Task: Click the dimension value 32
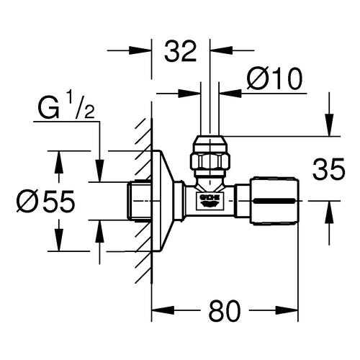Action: coord(181,51)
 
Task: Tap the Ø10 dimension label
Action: coord(274,78)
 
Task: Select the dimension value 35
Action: coord(328,169)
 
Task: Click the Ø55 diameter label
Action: coord(45,201)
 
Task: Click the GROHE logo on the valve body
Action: coord(210,199)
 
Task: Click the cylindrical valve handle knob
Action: coord(275,201)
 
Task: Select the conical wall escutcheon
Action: coord(166,201)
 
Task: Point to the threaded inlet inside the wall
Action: coord(139,201)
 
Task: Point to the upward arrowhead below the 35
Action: coord(329,212)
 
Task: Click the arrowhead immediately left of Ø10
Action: coord(230,94)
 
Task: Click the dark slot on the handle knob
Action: coord(274,201)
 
